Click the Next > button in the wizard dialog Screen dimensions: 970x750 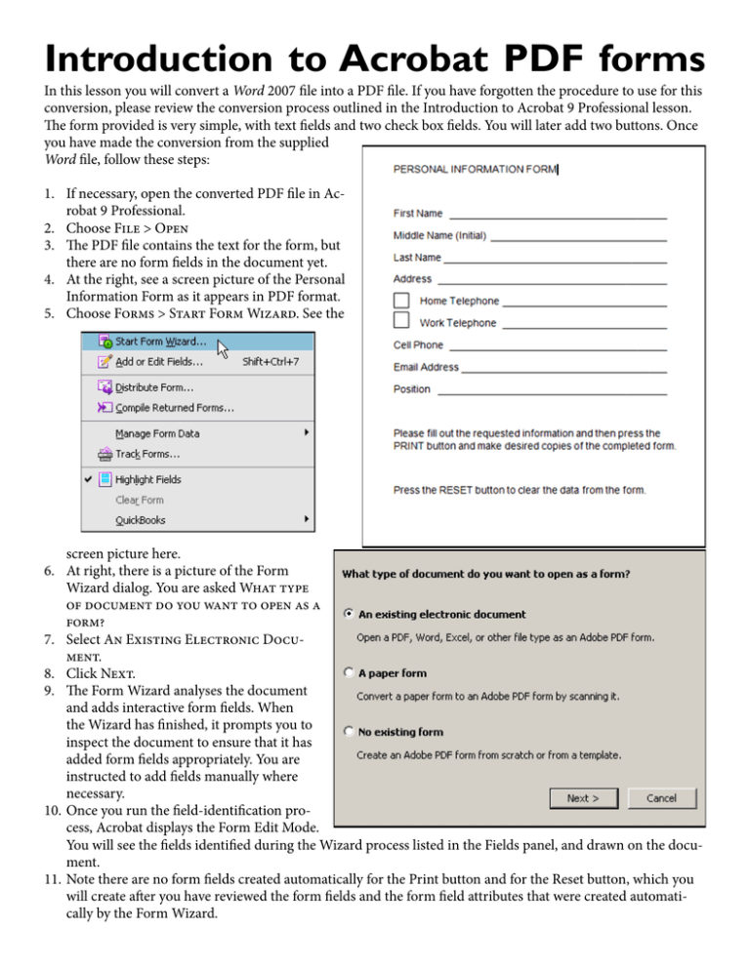[x=583, y=798]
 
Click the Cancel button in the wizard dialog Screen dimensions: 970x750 [x=661, y=798]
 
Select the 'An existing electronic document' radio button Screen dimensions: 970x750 [x=349, y=615]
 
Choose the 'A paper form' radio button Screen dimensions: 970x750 [x=349, y=672]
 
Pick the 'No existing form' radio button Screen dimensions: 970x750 [x=349, y=731]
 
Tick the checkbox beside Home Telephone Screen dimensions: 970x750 [x=400, y=300]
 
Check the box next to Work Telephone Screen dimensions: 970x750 [x=400, y=321]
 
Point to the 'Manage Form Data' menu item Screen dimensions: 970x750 [x=157, y=433]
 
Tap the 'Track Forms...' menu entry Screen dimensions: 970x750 [x=147, y=454]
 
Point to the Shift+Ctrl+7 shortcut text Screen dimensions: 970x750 [x=271, y=362]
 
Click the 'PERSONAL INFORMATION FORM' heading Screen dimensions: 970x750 [x=475, y=170]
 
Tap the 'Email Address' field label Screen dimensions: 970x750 [x=426, y=367]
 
